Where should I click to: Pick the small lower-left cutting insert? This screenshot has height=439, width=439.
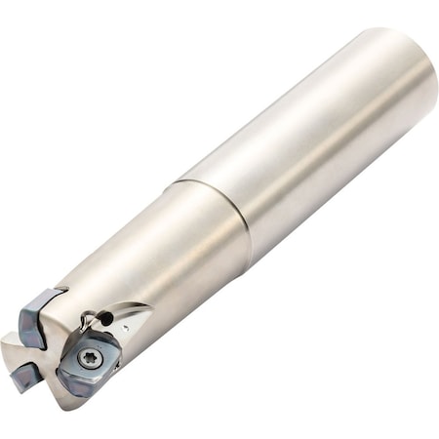point(22,376)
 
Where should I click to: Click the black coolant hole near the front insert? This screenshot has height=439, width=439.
point(105,318)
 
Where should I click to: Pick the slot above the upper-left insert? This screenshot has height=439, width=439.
point(54,292)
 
